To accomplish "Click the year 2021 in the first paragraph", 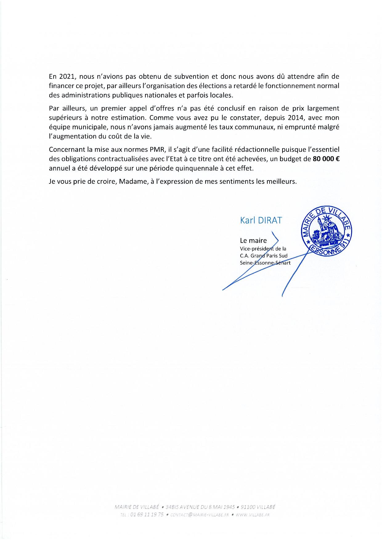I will [x=65, y=76].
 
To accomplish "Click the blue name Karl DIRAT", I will [x=261, y=220].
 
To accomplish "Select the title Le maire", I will [x=253, y=241].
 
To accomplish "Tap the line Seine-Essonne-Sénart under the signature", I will [x=265, y=263].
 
